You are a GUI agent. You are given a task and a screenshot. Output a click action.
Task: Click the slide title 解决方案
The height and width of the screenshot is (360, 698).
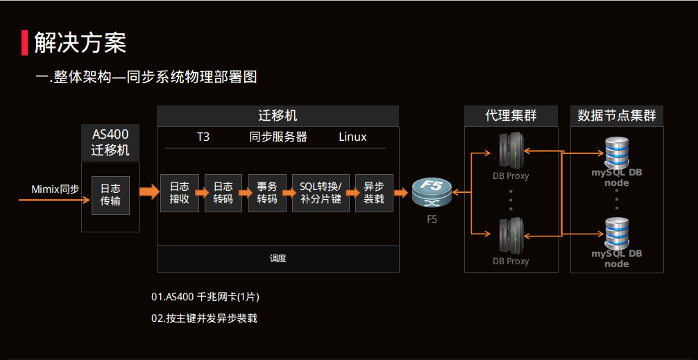click(x=80, y=43)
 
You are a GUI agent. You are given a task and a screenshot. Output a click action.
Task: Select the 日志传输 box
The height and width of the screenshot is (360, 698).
click(x=110, y=195)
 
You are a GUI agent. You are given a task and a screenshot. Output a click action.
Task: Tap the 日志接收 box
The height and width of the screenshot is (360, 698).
click(x=179, y=193)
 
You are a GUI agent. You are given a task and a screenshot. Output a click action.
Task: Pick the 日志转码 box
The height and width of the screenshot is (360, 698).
click(x=223, y=193)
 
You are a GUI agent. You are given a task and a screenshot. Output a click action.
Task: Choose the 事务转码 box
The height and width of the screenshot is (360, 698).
click(x=267, y=193)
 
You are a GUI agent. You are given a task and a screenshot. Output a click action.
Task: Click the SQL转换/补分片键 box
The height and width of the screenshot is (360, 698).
click(x=321, y=193)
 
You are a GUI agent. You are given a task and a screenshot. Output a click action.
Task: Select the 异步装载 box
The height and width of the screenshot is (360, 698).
click(x=374, y=193)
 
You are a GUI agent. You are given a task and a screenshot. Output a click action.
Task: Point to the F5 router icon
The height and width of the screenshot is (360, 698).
click(x=432, y=193)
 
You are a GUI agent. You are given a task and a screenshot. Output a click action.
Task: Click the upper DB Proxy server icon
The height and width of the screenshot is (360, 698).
click(x=511, y=150)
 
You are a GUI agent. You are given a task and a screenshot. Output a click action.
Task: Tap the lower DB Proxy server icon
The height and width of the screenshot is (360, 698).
click(x=511, y=236)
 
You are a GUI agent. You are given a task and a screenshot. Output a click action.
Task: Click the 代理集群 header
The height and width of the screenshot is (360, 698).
click(x=511, y=116)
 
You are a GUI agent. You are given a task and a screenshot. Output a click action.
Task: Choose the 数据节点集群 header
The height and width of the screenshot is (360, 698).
click(x=617, y=116)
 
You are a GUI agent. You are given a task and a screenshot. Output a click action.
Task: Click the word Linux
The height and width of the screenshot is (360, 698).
click(x=352, y=137)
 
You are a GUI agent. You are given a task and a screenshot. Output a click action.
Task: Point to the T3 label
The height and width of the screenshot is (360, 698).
click(x=203, y=137)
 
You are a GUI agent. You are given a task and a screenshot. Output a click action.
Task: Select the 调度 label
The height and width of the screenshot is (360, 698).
click(x=278, y=258)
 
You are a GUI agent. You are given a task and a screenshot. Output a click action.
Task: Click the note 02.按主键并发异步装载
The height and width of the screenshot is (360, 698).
click(x=204, y=318)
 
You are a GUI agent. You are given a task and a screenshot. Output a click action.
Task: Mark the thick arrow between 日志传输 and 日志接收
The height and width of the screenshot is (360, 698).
click(x=149, y=192)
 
